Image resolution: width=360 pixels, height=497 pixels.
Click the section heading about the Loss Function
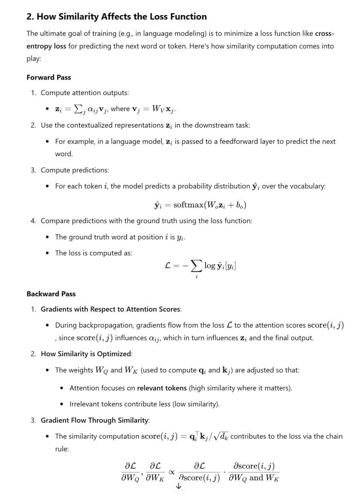[x=117, y=17]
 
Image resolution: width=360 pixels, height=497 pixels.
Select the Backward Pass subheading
[x=51, y=294]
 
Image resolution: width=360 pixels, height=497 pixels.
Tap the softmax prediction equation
[x=200, y=205]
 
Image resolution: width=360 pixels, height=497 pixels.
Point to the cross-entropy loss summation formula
[x=201, y=266]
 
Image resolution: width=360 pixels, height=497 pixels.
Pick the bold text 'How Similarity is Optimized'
[x=86, y=354]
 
